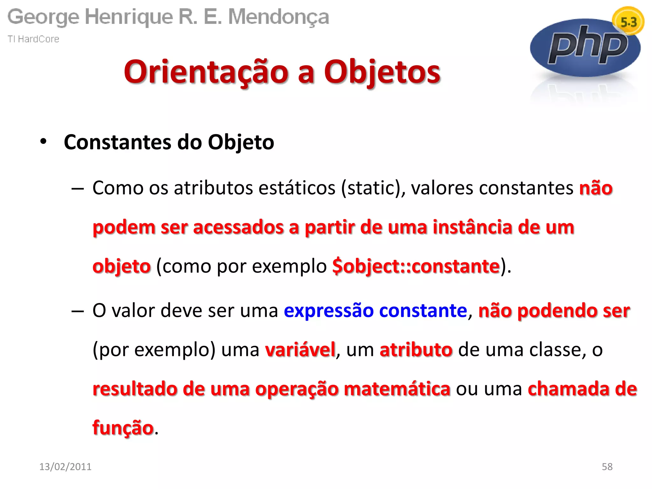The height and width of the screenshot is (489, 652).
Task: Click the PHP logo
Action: [585, 48]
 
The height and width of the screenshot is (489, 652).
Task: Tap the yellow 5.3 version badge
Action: [628, 22]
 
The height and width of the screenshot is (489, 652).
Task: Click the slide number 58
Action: [607, 466]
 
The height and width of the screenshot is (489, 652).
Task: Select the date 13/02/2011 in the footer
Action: [65, 466]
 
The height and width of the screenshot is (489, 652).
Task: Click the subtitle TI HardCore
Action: [33, 39]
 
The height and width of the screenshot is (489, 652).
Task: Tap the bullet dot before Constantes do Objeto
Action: [43, 141]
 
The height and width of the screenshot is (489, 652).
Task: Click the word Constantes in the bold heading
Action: [117, 142]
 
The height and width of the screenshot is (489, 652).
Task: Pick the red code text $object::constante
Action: [416, 266]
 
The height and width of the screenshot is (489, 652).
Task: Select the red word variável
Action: [300, 350]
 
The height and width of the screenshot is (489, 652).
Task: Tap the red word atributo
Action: [416, 350]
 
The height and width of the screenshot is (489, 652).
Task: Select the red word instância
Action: [472, 227]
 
